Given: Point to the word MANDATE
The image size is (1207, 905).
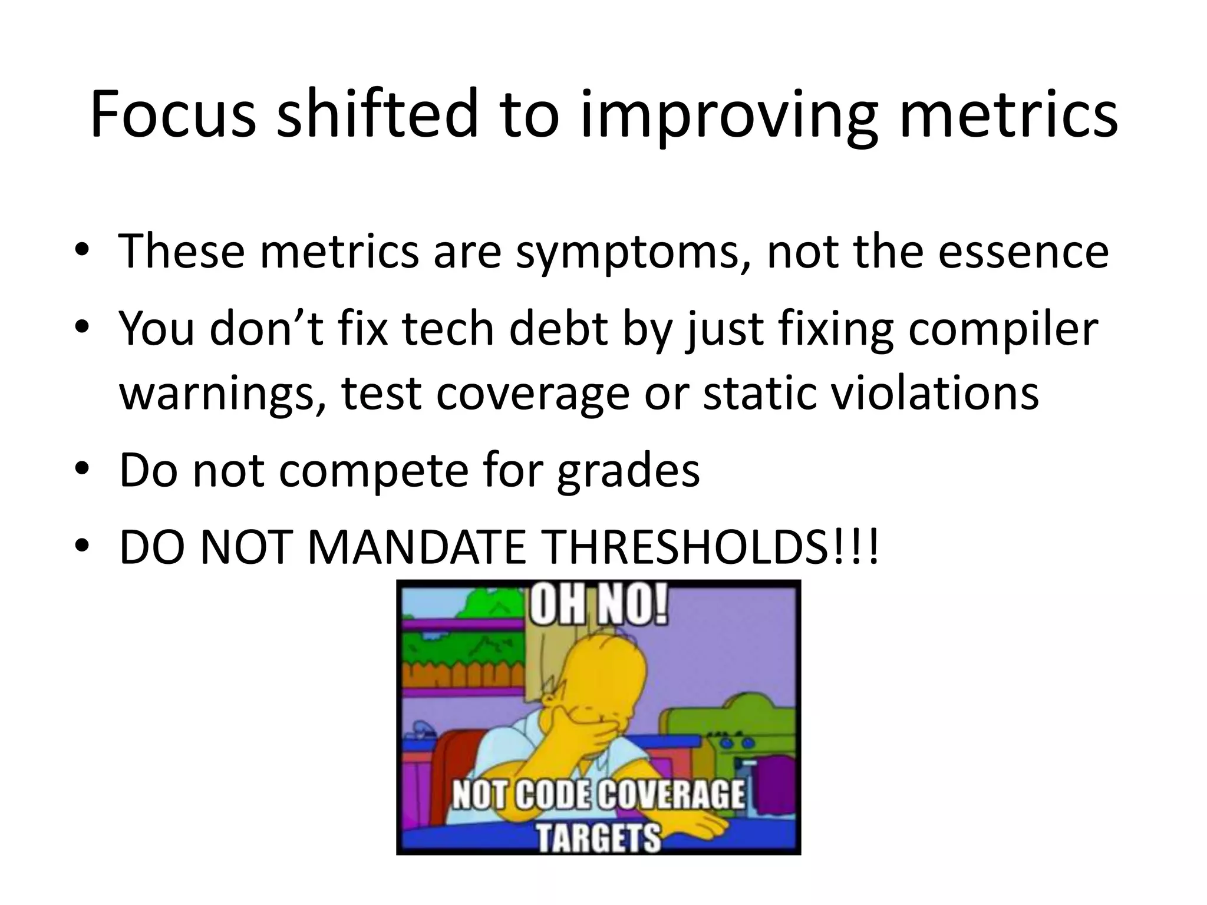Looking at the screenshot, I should (416, 547).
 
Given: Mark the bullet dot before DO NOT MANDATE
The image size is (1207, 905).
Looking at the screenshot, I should (84, 547).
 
